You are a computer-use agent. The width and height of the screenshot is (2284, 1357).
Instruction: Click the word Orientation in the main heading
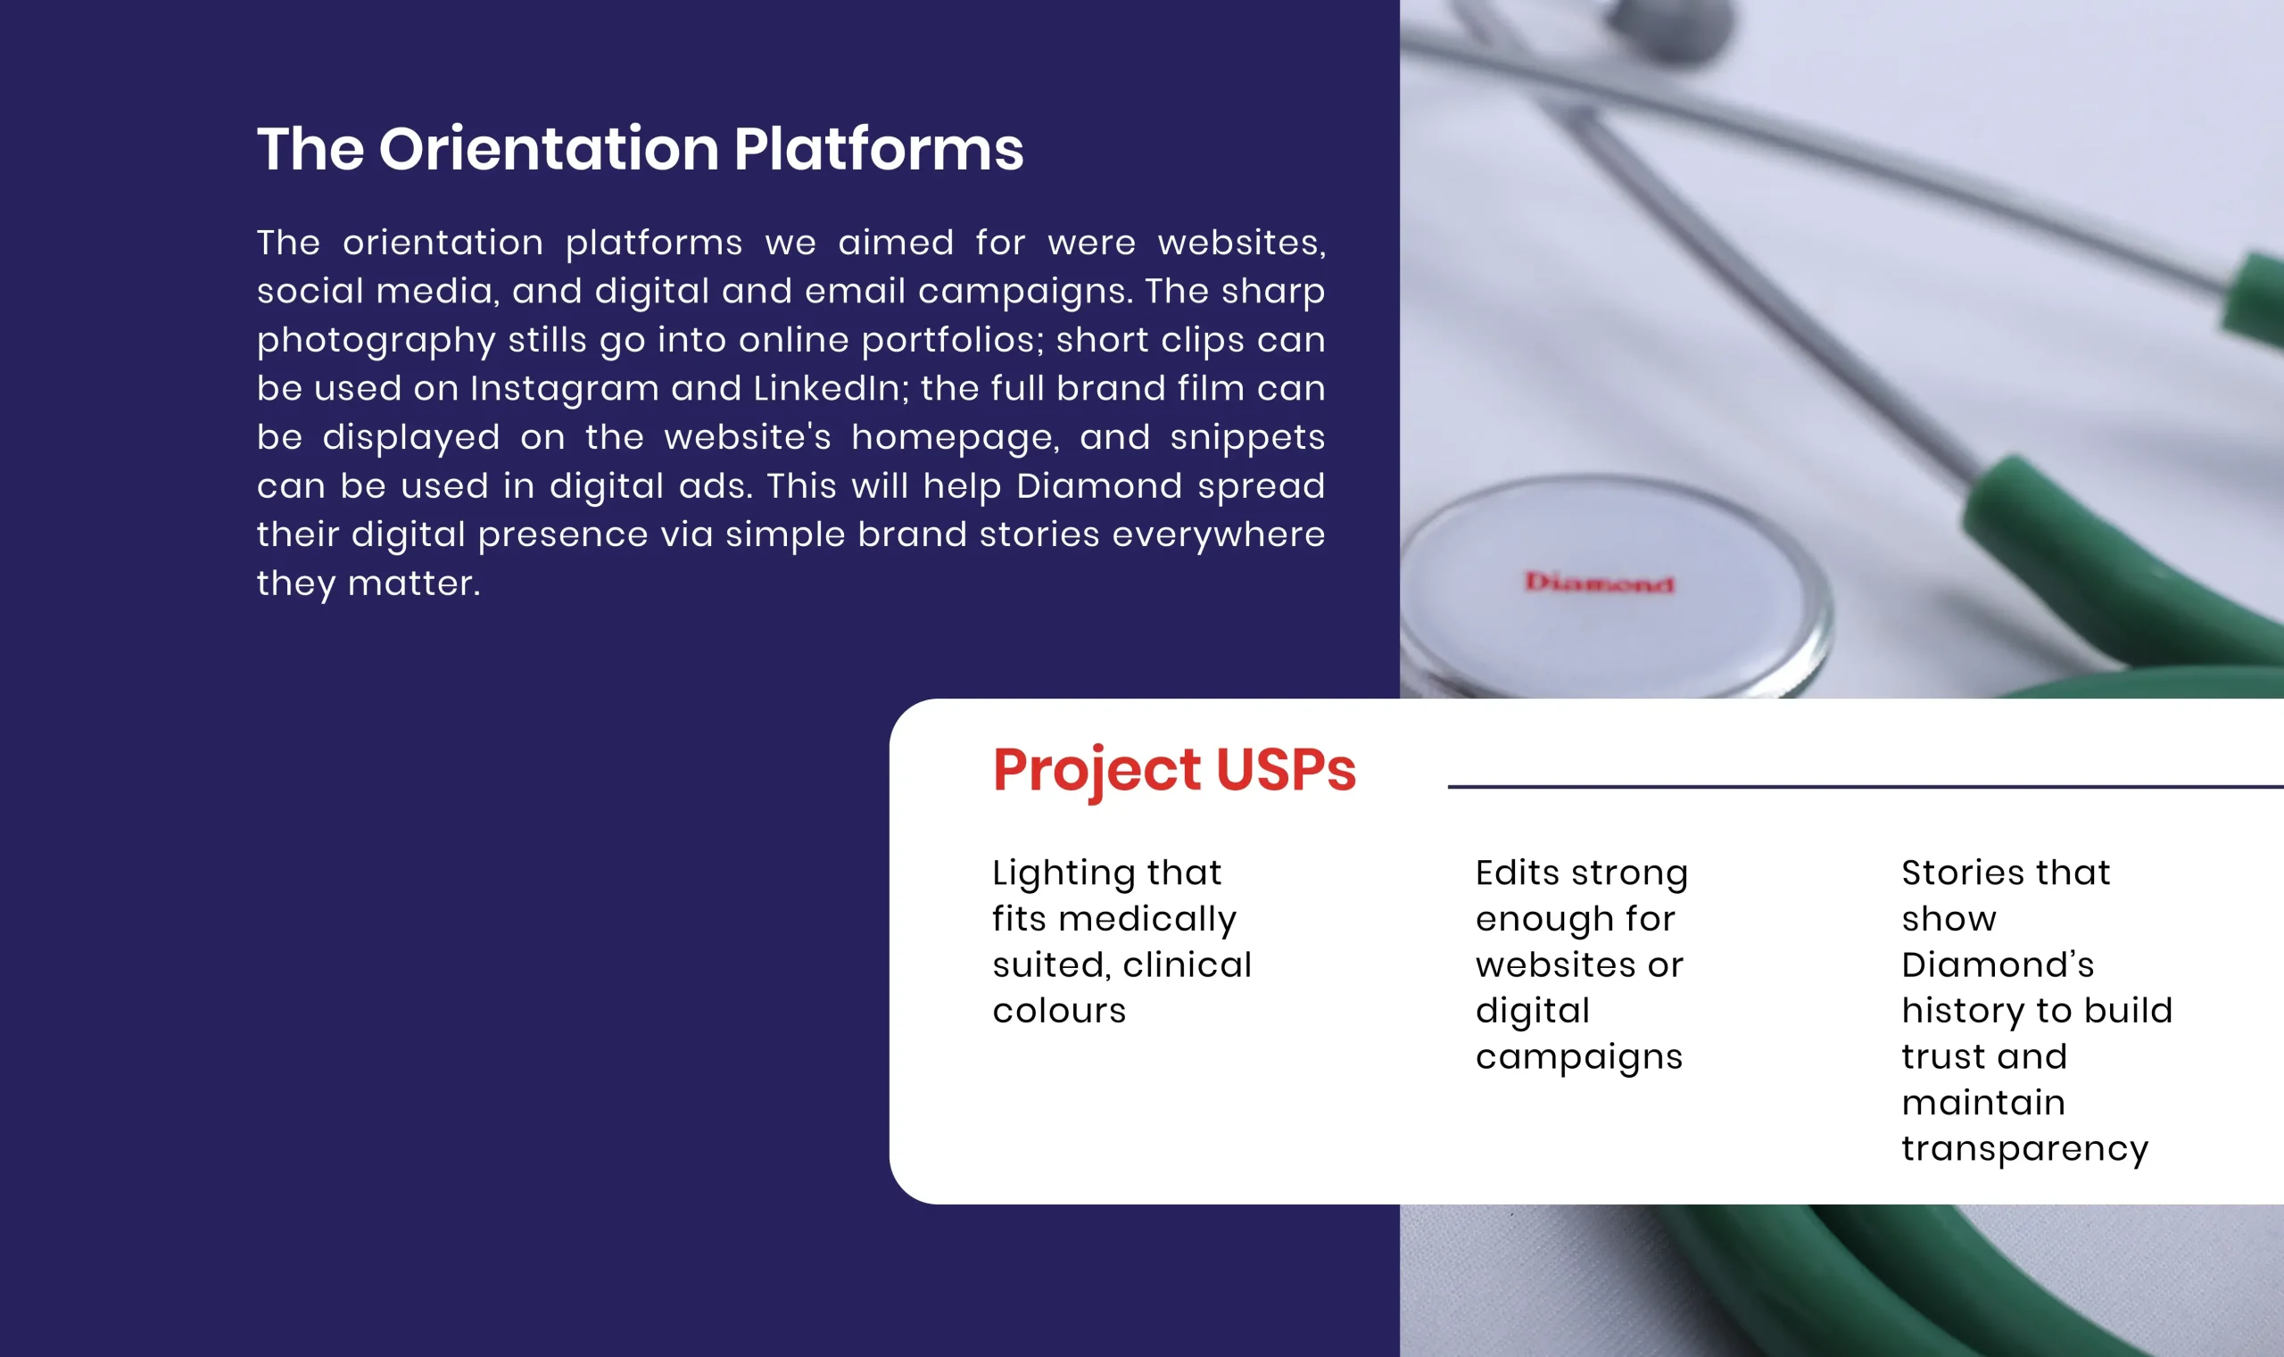coord(549,148)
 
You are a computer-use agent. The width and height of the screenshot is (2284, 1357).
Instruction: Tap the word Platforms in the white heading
coord(878,148)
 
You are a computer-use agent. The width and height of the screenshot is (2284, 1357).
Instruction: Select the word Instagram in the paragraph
coord(564,390)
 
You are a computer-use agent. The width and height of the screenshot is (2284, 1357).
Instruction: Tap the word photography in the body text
coord(376,341)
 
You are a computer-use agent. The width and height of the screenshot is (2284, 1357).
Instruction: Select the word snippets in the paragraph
coord(1247,438)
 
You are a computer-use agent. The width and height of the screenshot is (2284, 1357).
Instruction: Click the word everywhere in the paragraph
coord(1218,535)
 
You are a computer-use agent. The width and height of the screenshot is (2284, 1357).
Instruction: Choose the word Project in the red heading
coord(1096,771)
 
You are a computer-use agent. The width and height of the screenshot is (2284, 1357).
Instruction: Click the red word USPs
coord(1286,769)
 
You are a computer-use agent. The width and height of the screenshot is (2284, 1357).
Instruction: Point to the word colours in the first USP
coord(1059,1012)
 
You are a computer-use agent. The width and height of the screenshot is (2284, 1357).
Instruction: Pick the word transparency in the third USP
coord(2024,1149)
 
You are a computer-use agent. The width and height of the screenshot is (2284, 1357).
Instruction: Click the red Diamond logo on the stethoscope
coord(1598,583)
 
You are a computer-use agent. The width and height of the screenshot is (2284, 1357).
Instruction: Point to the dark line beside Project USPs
coord(1866,786)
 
